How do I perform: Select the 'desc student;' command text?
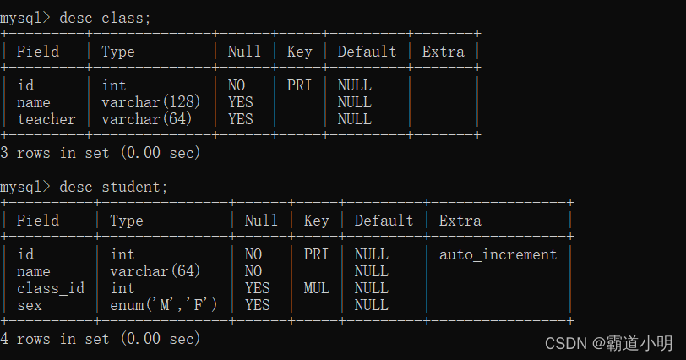(x=114, y=187)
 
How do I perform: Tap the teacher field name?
(x=46, y=119)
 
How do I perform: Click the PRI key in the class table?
(x=299, y=85)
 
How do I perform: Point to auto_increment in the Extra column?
(x=498, y=254)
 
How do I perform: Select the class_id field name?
(x=51, y=288)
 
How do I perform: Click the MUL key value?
(x=316, y=288)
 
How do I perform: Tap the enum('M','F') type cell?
(x=164, y=305)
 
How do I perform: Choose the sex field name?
(x=30, y=305)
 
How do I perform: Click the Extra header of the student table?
(x=460, y=221)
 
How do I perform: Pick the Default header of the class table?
(x=367, y=52)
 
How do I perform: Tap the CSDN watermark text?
(x=609, y=343)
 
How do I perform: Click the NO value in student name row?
(x=253, y=271)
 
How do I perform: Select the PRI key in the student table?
(x=316, y=254)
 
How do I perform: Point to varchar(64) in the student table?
(x=155, y=271)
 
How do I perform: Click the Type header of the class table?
(x=118, y=52)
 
